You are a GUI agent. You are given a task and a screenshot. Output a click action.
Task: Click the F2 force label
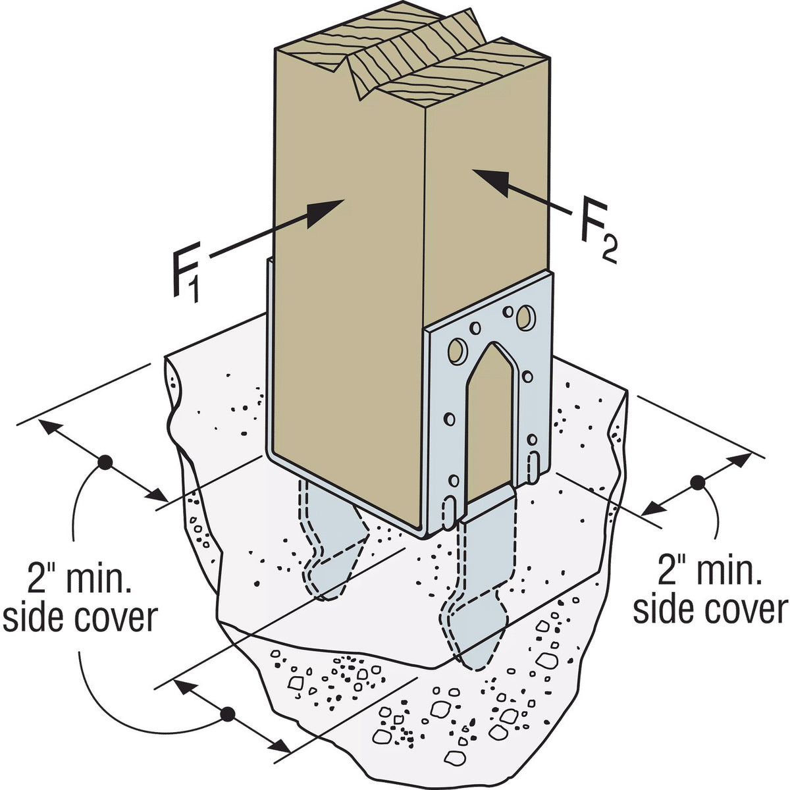(x=598, y=235)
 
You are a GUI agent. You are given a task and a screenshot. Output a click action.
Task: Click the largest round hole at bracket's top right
(x=525, y=317)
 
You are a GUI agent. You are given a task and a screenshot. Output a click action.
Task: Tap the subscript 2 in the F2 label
(x=609, y=252)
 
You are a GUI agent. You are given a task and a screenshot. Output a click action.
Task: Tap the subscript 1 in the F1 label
(x=194, y=291)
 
